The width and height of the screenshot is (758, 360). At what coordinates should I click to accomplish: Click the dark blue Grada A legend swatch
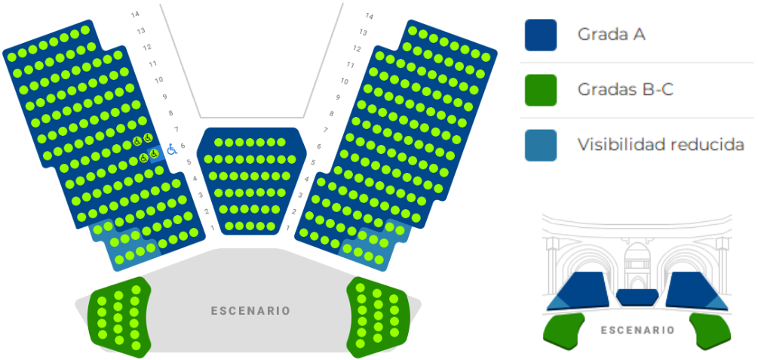(541, 35)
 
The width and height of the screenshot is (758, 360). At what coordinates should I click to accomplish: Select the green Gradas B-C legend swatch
(541, 90)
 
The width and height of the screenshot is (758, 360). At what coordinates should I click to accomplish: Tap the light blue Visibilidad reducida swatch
(541, 145)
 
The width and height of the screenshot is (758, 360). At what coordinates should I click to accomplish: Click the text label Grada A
(611, 35)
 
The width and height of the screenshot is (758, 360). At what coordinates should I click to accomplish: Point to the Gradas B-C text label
(625, 90)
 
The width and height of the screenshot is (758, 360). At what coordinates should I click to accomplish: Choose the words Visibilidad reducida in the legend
(661, 145)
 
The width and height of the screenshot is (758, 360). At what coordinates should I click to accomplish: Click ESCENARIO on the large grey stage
(250, 311)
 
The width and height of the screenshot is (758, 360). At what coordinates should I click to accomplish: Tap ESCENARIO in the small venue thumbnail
(637, 331)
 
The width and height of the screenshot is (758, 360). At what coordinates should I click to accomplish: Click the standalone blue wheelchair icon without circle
(172, 150)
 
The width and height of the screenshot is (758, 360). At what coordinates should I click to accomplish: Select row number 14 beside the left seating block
(135, 14)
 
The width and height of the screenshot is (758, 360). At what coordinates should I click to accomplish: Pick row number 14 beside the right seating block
(370, 16)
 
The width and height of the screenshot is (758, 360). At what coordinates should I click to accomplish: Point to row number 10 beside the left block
(158, 80)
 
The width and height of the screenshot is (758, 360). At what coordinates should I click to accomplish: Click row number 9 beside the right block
(338, 97)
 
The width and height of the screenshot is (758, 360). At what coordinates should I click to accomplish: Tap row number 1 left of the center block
(212, 227)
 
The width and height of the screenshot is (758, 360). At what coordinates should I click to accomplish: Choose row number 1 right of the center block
(288, 227)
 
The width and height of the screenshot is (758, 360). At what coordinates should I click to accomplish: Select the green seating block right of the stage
(378, 317)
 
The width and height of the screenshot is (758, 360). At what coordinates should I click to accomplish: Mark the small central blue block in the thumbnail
(637, 297)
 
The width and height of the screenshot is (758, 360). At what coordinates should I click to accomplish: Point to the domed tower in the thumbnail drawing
(637, 263)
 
